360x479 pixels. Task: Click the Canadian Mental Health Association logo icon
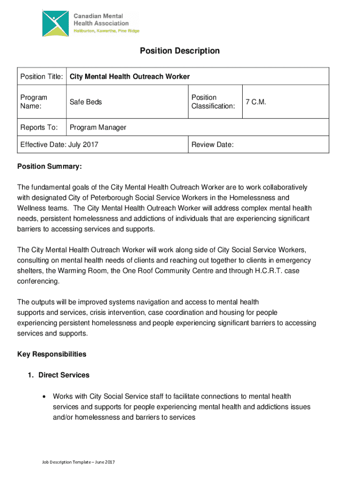pos(55,22)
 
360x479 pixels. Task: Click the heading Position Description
pos(180,51)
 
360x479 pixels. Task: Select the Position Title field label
pos(42,76)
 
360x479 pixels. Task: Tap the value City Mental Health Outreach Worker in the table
pos(130,76)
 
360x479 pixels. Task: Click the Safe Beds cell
pos(86,102)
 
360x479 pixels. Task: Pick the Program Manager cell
pos(98,127)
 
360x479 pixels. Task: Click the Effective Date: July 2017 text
pos(59,145)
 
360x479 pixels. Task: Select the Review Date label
pos(212,145)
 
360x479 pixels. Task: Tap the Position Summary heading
pos(50,167)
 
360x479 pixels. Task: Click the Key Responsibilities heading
pos(52,354)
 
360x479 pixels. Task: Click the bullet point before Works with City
pos(43,396)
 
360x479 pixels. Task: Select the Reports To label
pos(39,127)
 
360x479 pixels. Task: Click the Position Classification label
pos(213,102)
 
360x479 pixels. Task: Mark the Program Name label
pos(34,102)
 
